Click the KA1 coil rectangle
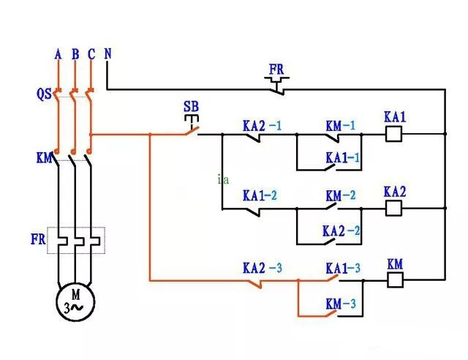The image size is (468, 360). pyautogui.click(x=394, y=134)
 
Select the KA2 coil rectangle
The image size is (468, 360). pyautogui.click(x=394, y=208)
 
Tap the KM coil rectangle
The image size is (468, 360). pyautogui.click(x=394, y=279)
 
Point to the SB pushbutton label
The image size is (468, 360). pyautogui.click(x=191, y=107)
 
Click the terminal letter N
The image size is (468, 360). pyautogui.click(x=107, y=53)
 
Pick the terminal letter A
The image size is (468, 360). pyautogui.click(x=58, y=53)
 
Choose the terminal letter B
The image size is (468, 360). pyautogui.click(x=75, y=53)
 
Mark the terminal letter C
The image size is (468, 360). pyautogui.click(x=91, y=53)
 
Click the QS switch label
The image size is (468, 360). pyautogui.click(x=43, y=94)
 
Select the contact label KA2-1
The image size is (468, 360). pyautogui.click(x=262, y=125)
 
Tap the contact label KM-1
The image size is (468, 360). pyautogui.click(x=340, y=125)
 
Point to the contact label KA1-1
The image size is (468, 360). pyautogui.click(x=342, y=157)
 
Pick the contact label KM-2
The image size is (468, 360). pyautogui.click(x=340, y=196)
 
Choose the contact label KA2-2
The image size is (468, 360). pyautogui.click(x=341, y=230)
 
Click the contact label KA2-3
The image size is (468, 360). pyautogui.click(x=262, y=267)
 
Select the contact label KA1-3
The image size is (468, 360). pyautogui.click(x=343, y=268)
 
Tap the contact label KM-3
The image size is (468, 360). pyautogui.click(x=342, y=303)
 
